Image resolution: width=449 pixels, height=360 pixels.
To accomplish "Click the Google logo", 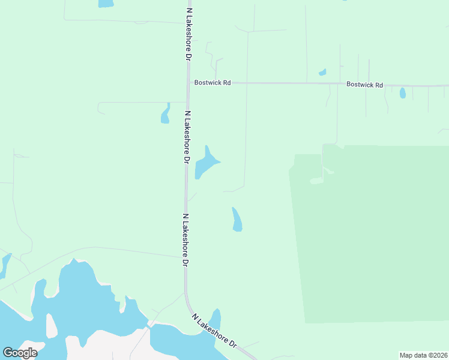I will click(x=20, y=353).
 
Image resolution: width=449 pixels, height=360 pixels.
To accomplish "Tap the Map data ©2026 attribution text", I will click(x=423, y=355).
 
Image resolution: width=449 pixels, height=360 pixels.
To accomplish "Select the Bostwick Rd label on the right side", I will click(x=364, y=85).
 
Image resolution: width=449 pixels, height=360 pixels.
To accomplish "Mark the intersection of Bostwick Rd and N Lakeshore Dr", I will click(x=188, y=82).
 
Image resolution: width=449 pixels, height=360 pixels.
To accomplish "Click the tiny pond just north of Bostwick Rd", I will click(x=322, y=73).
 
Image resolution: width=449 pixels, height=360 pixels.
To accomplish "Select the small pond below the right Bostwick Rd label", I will click(x=402, y=93).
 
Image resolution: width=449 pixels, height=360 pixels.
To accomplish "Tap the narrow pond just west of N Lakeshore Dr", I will click(x=165, y=113).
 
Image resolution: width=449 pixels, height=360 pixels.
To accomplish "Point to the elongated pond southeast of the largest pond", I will click(x=237, y=220).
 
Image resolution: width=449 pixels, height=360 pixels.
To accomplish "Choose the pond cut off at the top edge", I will click(x=106, y=3).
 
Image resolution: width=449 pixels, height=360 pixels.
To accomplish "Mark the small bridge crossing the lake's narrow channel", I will click(x=148, y=326).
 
